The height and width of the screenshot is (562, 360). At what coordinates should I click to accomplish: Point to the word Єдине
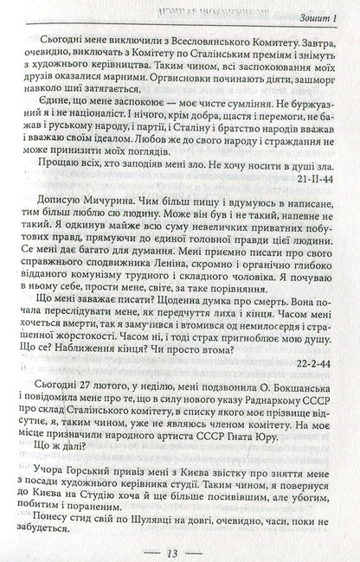click(42, 103)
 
